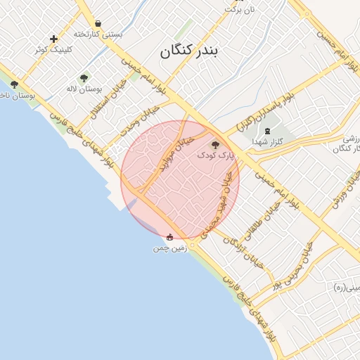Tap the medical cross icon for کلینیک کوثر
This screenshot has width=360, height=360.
click(x=53, y=39)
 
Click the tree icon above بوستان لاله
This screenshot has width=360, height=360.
click(x=84, y=78)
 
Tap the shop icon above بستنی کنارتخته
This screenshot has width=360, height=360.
click(x=97, y=23)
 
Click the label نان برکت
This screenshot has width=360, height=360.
click(x=238, y=9)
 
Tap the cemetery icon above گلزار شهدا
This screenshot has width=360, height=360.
click(x=266, y=131)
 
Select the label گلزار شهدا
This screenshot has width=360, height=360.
click(x=267, y=141)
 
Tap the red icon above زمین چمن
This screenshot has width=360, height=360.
click(x=169, y=238)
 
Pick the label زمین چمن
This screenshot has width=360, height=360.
click(x=169, y=248)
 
